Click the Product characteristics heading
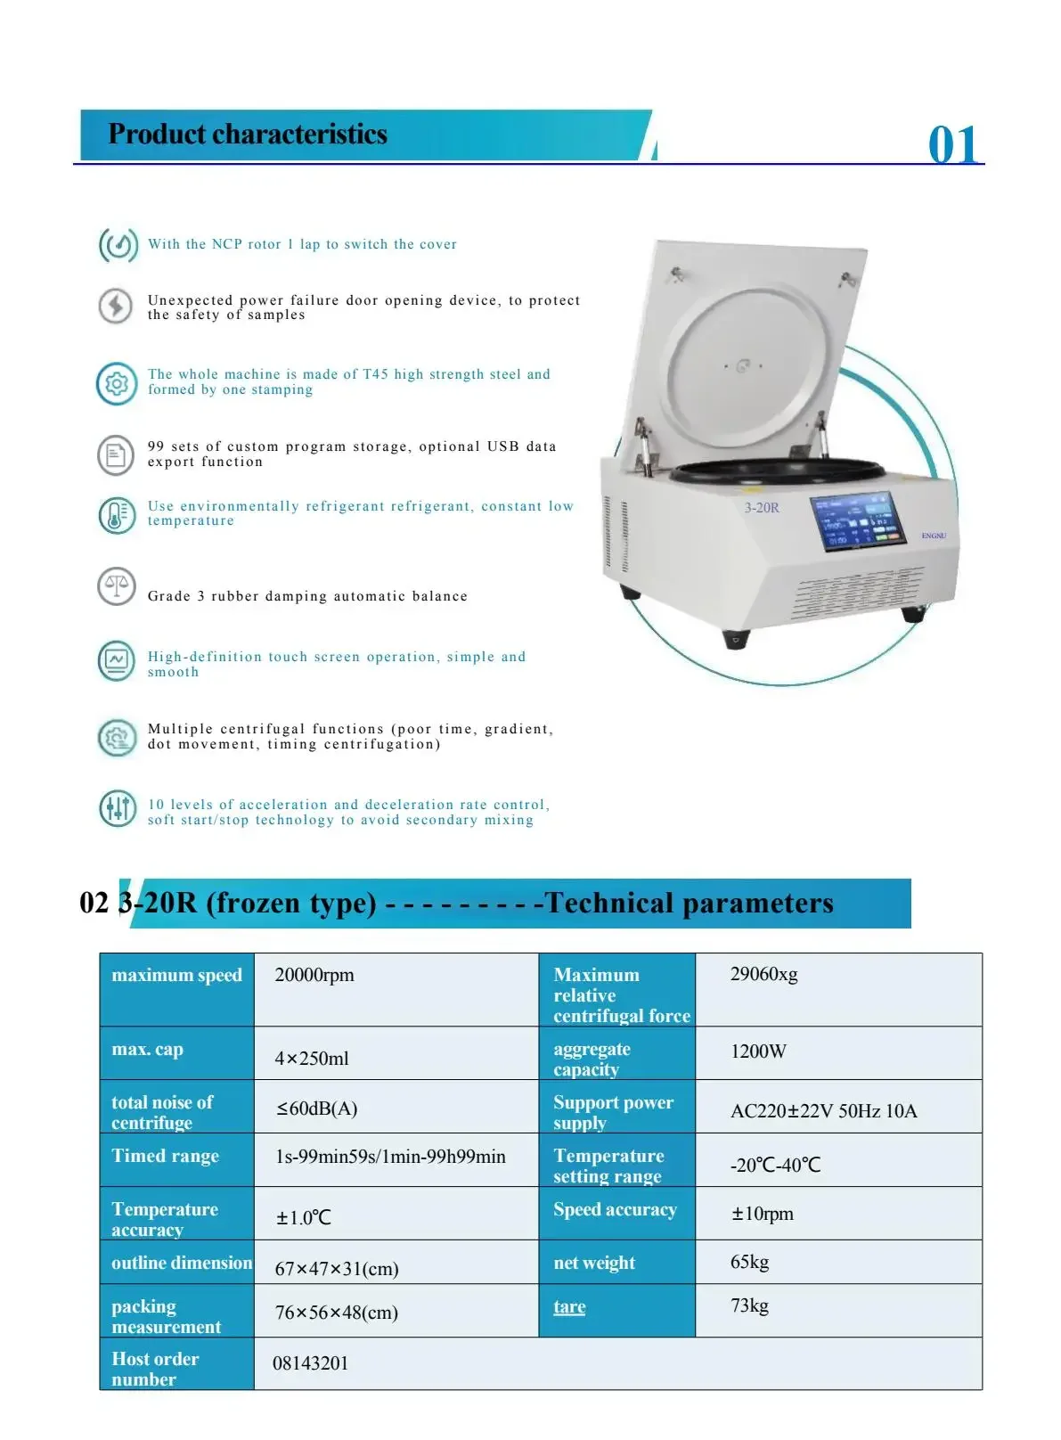[248, 134]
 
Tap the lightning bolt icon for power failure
[116, 306]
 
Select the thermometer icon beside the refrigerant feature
[117, 515]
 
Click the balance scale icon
[117, 586]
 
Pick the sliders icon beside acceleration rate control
[118, 808]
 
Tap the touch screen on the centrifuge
[857, 521]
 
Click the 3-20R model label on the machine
[762, 507]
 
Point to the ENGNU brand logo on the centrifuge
[934, 536]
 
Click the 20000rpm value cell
[314, 975]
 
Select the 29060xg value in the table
[764, 974]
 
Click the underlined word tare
[569, 1307]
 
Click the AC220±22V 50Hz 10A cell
[823, 1111]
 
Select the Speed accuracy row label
[615, 1209]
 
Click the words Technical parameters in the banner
[689, 903]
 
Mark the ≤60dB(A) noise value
[317, 1109]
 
